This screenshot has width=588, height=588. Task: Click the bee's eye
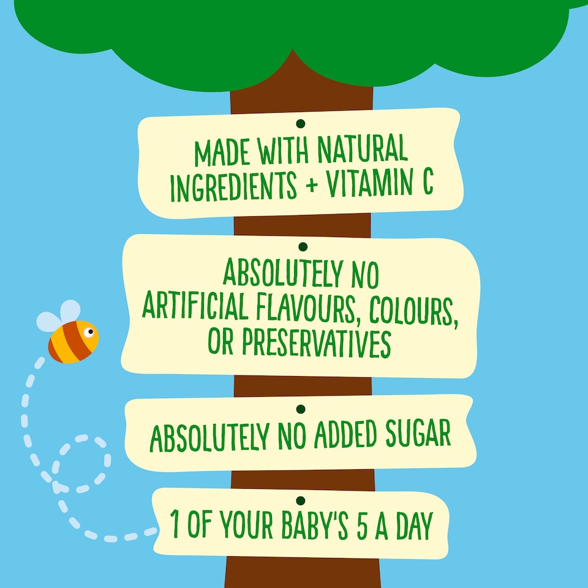point(90,333)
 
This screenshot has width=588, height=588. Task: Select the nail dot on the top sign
point(300,124)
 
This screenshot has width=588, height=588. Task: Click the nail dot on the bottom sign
point(300,500)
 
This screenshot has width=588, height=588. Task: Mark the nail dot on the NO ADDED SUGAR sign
point(300,408)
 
